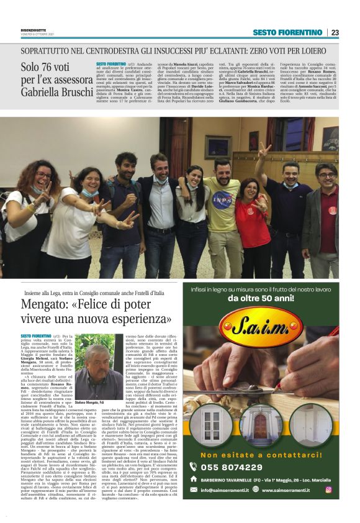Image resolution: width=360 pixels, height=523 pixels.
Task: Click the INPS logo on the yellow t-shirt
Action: coord(221,200)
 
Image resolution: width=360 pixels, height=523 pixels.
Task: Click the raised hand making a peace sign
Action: coord(264,150)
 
